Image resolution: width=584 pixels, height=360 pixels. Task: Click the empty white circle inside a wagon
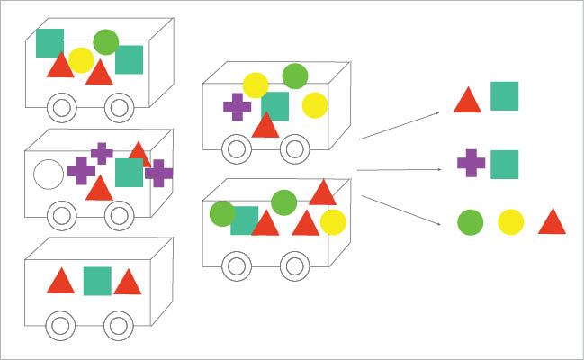[48, 174]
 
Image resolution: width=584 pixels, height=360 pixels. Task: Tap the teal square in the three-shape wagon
[97, 281]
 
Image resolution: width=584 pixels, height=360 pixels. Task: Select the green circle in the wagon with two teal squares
[106, 41]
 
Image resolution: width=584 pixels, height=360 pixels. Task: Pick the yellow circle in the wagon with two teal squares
[81, 60]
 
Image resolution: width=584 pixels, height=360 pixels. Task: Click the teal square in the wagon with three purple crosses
[129, 172]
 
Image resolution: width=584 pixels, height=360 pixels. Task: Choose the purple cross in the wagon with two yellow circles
[237, 107]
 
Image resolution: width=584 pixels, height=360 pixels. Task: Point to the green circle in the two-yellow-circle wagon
[295, 76]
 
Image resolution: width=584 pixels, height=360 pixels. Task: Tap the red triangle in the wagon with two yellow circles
[265, 126]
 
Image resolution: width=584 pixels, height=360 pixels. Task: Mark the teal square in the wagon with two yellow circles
[275, 105]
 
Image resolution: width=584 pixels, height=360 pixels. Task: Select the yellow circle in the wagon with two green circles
[333, 221]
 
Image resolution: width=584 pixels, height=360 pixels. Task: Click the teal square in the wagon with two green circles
[244, 220]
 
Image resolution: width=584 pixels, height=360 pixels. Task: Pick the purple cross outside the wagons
[471, 163]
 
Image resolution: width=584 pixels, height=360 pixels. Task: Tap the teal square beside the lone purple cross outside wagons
[504, 165]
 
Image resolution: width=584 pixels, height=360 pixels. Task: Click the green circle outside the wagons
[471, 221]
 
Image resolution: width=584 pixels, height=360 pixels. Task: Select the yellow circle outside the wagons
[510, 221]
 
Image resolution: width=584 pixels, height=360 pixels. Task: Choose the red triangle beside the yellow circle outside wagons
[552, 221]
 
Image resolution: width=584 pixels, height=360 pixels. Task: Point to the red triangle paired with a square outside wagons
[467, 100]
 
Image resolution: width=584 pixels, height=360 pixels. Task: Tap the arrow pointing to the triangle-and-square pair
[400, 126]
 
